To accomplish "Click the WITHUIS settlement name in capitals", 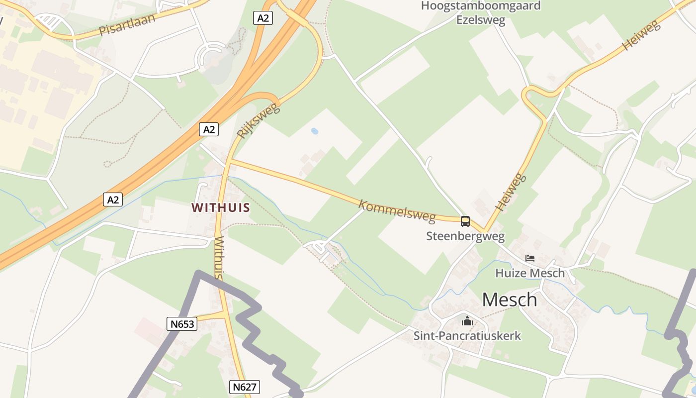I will (x=221, y=207).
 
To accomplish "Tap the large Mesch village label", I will (x=510, y=299).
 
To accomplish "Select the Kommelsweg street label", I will (x=397, y=211).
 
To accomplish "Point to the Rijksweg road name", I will (x=259, y=120).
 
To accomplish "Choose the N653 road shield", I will (x=182, y=324).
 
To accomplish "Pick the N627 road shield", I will (x=245, y=387).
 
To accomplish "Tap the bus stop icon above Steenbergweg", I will (x=465, y=221).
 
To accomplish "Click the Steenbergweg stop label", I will (x=465, y=236).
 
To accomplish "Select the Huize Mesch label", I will (x=530, y=273).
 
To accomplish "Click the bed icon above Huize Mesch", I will (x=530, y=258).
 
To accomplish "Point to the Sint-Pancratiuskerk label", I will (x=467, y=335).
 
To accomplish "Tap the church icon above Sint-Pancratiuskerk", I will (x=467, y=321).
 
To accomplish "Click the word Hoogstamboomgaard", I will (x=480, y=6).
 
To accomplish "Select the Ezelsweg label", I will (x=481, y=20).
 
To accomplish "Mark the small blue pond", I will (x=314, y=131).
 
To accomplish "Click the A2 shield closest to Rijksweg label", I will (x=209, y=129).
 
